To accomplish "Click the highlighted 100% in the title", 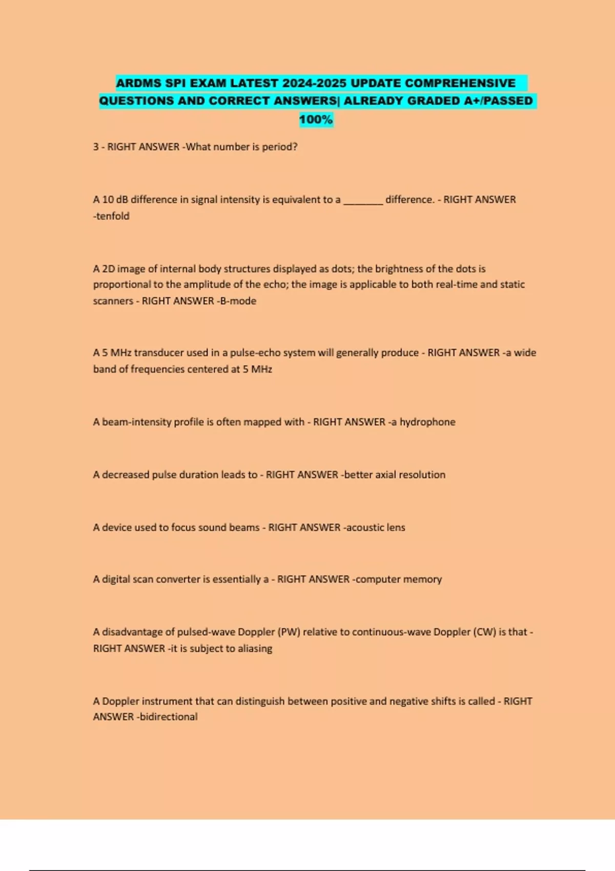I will click(316, 119).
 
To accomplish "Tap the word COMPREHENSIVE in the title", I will click(460, 83).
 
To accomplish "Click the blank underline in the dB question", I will click(363, 200).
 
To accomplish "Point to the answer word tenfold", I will click(112, 216).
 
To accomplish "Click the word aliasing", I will click(255, 649).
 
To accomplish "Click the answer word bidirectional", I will click(169, 717).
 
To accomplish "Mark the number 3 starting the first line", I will click(96, 147).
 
